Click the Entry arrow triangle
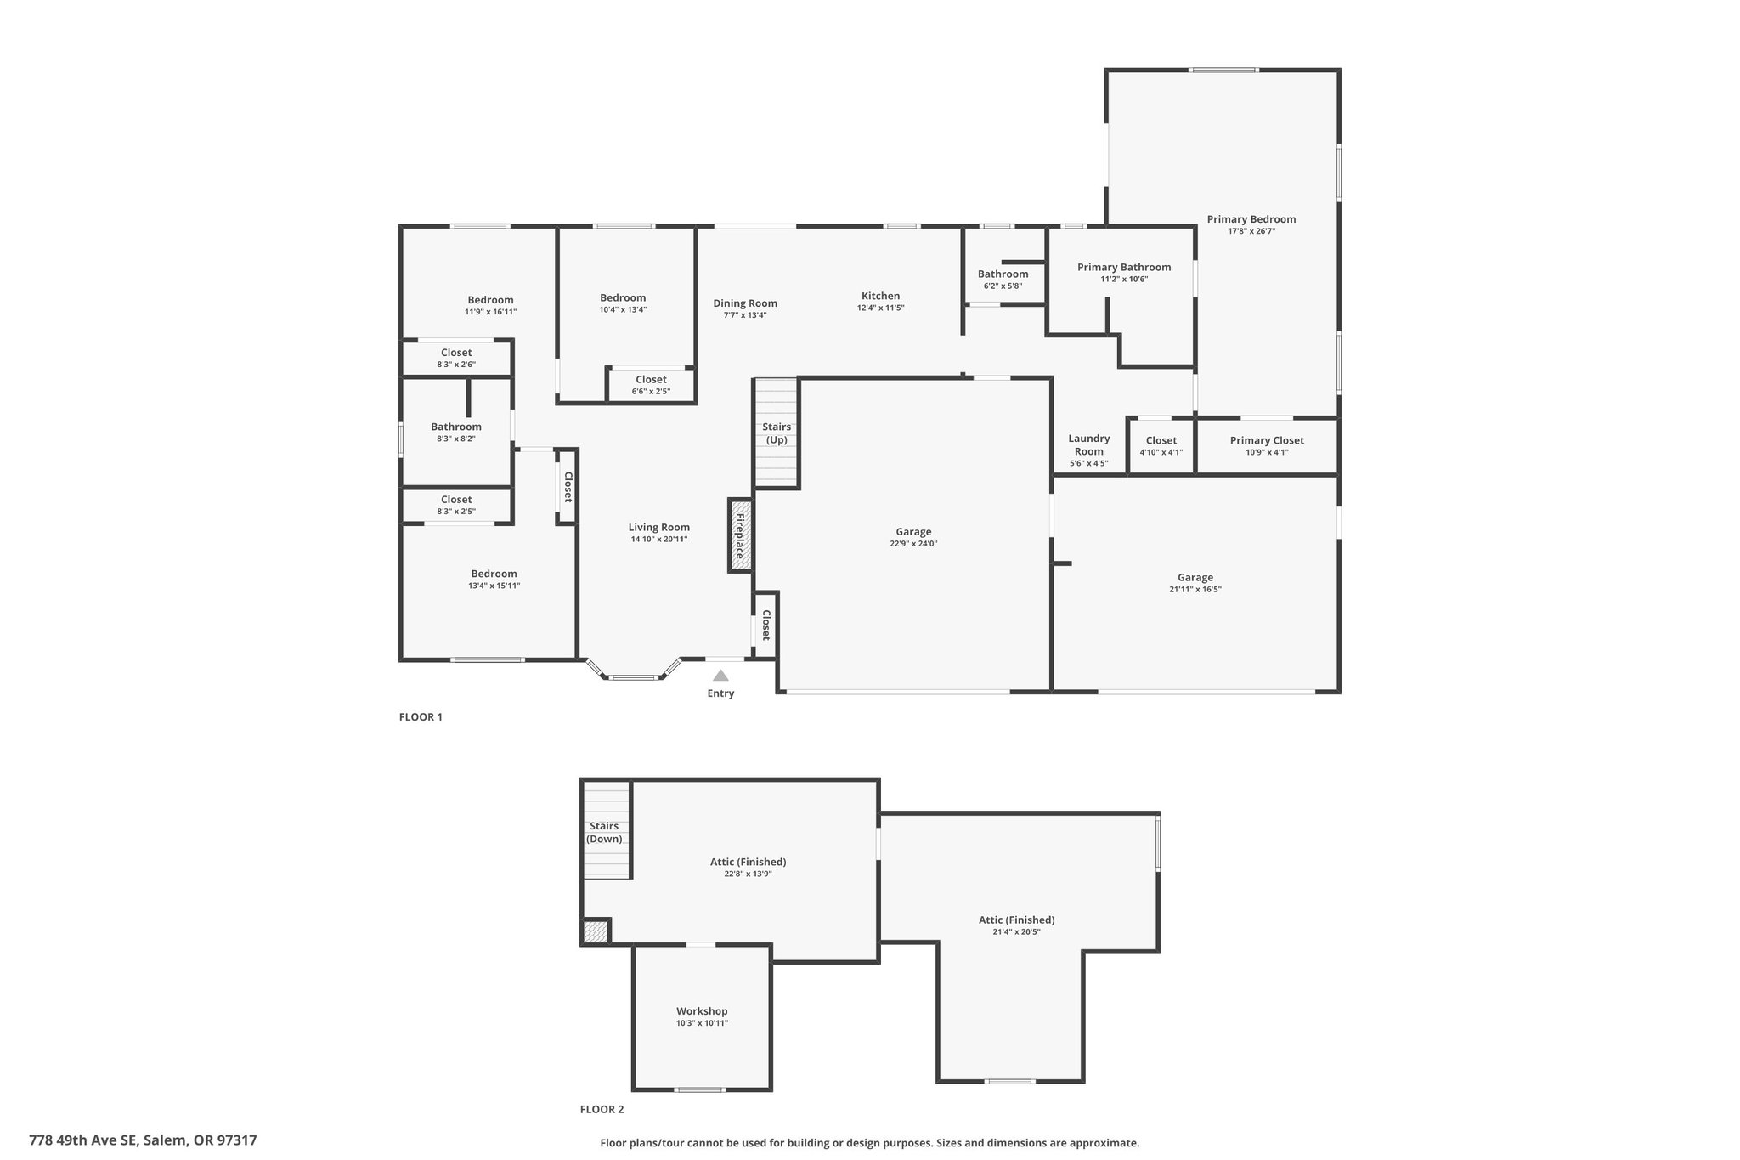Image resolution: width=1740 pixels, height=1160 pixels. pos(720,676)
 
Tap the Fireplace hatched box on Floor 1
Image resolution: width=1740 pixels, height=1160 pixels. pos(740,535)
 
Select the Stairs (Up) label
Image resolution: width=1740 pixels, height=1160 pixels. pos(777,433)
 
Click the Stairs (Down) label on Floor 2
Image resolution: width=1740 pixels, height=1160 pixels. pos(604,832)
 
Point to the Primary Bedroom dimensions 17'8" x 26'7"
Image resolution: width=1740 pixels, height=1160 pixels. pos(1251,231)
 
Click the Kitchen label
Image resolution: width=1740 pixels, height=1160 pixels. pos(880,296)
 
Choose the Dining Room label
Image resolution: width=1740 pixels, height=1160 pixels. pos(745,303)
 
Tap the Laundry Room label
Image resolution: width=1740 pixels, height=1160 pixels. pos(1089,444)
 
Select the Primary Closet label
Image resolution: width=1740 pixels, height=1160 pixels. pos(1267,440)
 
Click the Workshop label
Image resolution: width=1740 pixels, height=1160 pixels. pos(702,1011)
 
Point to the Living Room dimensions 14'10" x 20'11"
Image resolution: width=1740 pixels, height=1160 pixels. pos(659,539)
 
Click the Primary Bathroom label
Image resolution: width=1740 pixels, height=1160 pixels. pos(1124,267)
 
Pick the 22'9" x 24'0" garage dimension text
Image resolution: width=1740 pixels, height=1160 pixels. pos(913,544)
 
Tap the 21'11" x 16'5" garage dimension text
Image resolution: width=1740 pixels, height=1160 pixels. pos(1195,590)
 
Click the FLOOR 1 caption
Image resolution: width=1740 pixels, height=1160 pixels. pos(421,717)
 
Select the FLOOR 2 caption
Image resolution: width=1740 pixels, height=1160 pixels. pos(602,1109)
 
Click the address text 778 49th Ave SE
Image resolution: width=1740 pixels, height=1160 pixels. pos(82,1140)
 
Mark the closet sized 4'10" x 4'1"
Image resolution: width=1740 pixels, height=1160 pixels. pos(1161,445)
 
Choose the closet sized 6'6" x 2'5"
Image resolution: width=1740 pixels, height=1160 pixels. pos(651,385)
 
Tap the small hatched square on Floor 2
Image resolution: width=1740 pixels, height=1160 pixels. pos(596,932)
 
